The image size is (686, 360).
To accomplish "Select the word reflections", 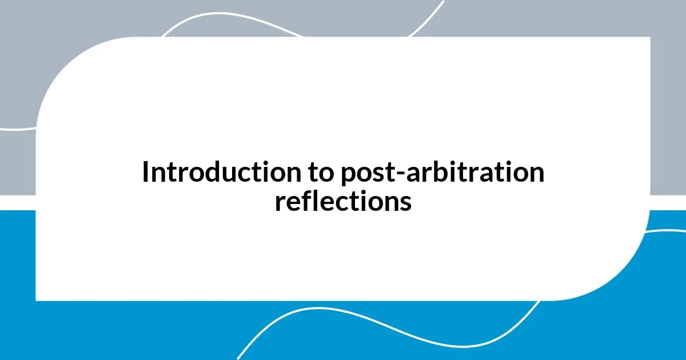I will click(343, 201).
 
